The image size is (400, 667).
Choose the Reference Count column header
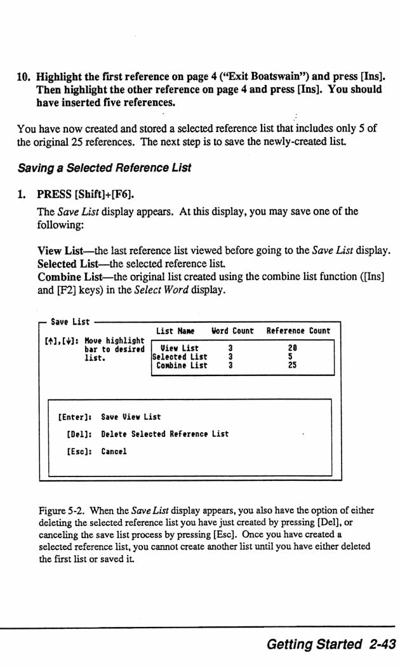[298, 331]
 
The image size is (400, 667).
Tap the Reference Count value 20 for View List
[292, 348]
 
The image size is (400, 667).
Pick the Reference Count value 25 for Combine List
[292, 365]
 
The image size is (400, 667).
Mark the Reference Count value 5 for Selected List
[290, 357]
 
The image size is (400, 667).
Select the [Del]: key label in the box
[79, 435]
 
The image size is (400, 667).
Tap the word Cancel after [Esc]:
[114, 452]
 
